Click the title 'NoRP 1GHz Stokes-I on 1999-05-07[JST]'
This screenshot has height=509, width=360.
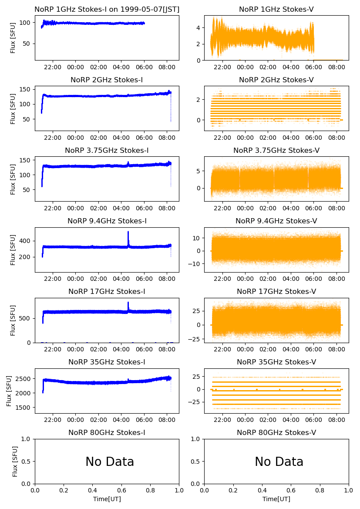click(x=107, y=9)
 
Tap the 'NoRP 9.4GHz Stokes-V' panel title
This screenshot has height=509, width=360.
click(x=276, y=221)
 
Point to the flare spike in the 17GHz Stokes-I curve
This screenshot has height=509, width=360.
click(x=128, y=303)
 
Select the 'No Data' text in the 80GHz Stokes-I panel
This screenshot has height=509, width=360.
click(x=110, y=462)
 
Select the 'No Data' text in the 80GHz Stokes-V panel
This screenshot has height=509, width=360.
click(x=279, y=462)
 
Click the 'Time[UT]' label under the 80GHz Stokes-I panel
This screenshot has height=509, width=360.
click(x=107, y=499)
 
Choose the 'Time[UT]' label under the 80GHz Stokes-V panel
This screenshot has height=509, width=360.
click(x=276, y=499)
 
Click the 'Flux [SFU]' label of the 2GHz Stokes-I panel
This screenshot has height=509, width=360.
click(x=13, y=108)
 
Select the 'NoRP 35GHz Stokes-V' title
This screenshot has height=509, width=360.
click(x=276, y=362)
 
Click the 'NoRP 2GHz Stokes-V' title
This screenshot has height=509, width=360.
click(x=276, y=80)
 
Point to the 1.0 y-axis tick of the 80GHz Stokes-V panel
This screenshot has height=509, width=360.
click(x=197, y=439)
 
